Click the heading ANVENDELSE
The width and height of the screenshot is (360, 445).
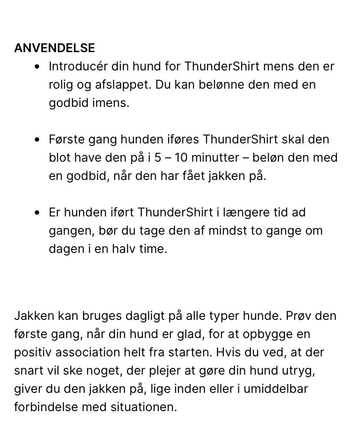(x=54, y=48)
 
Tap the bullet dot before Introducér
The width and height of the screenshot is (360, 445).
(x=40, y=66)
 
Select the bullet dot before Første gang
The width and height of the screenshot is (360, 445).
(x=40, y=139)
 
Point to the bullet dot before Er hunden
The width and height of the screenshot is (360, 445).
(x=40, y=213)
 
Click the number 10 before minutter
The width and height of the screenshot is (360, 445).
(x=181, y=157)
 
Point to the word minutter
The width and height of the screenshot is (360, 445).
(x=214, y=157)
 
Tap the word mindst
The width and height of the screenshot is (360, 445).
(x=227, y=231)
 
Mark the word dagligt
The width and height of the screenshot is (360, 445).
(x=144, y=316)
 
